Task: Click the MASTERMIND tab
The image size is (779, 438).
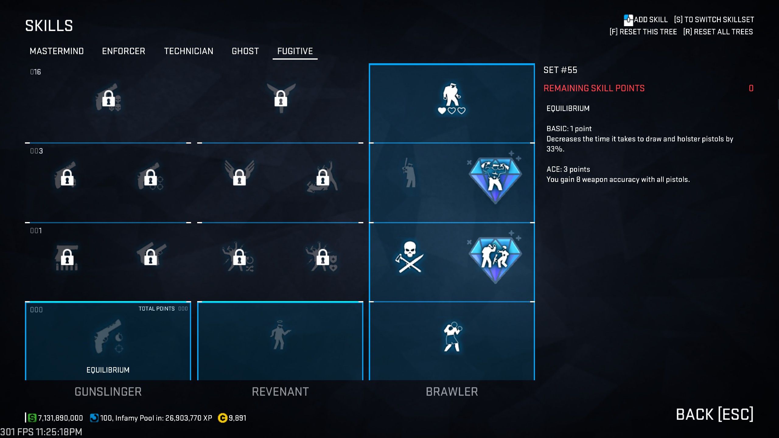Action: (57, 51)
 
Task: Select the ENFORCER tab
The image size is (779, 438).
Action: (124, 51)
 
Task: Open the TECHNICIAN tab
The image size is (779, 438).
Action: (189, 51)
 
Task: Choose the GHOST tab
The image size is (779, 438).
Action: (245, 51)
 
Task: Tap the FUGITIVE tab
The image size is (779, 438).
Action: (295, 51)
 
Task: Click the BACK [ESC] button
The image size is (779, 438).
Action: (714, 414)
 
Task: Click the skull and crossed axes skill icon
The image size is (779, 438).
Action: (410, 257)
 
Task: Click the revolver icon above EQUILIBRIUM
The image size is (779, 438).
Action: (108, 336)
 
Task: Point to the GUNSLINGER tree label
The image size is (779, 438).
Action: (108, 392)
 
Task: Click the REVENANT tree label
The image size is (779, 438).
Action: (280, 392)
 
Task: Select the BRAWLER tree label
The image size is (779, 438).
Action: (452, 392)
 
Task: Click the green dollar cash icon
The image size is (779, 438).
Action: (32, 418)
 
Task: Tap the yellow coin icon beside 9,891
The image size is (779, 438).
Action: (222, 418)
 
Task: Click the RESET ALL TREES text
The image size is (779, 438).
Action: (718, 32)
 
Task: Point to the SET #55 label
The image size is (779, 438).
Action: (560, 70)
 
